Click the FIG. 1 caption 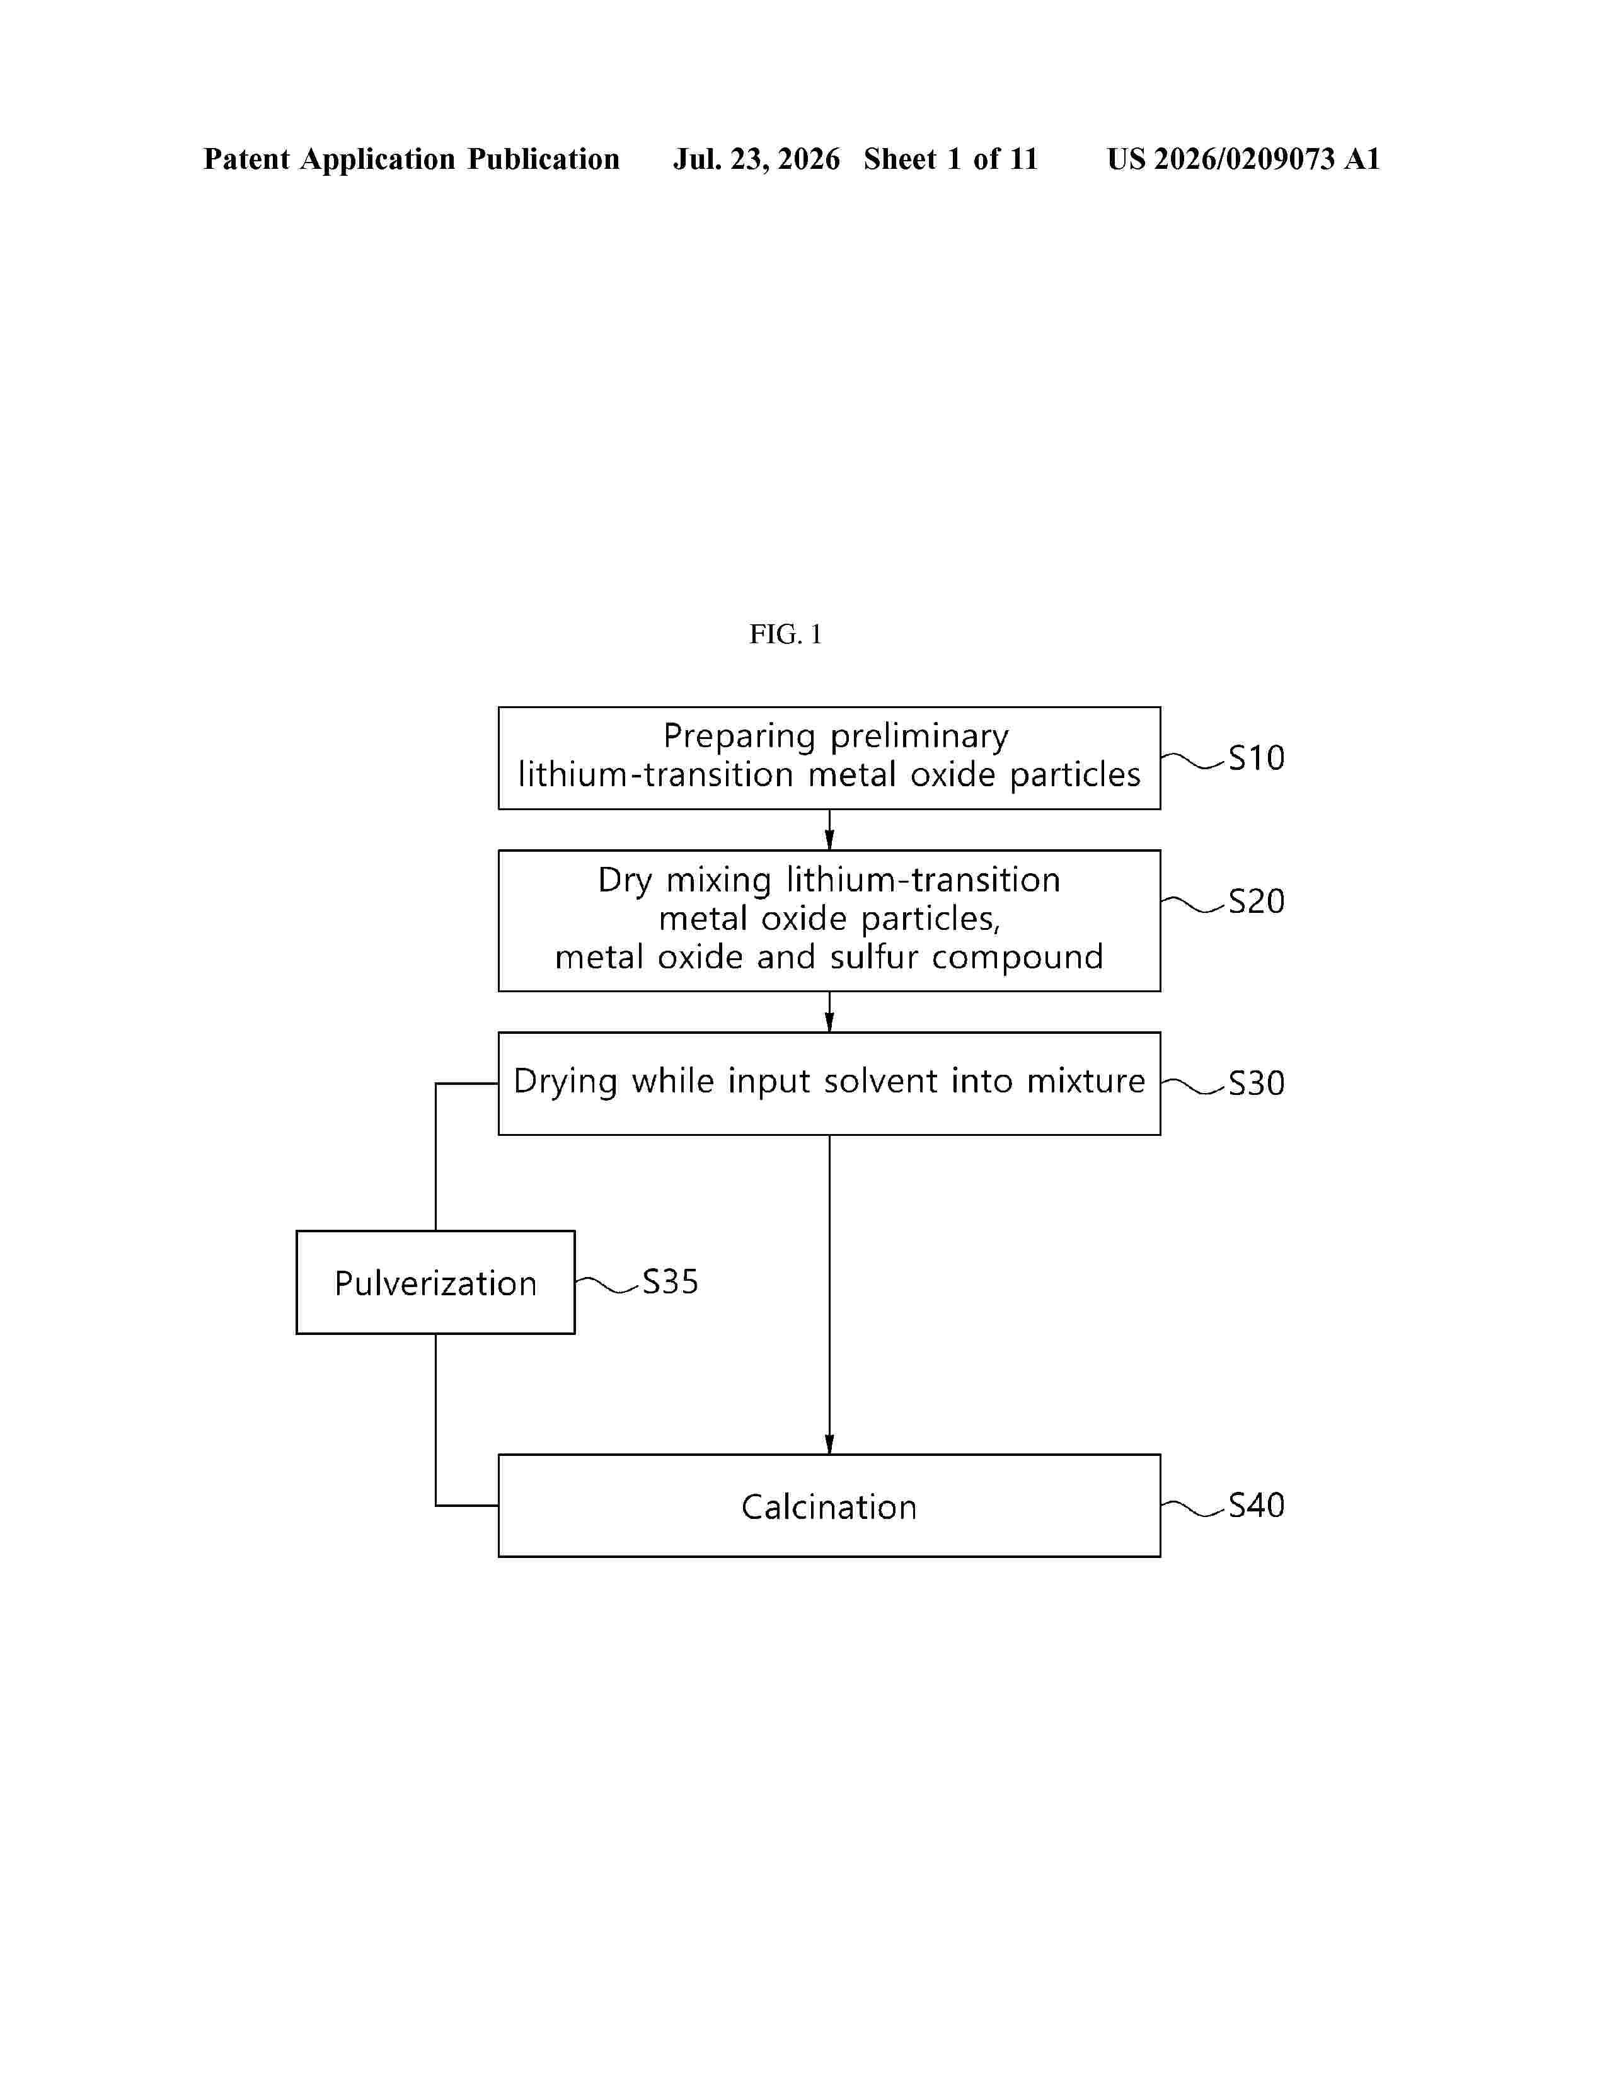(785, 634)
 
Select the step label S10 (1256, 758)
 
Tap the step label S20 (1256, 900)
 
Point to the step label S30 (1256, 1082)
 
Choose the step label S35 (671, 1281)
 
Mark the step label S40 (1256, 1505)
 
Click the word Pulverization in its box (435, 1283)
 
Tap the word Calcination (829, 1507)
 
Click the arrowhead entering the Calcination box (829, 1443)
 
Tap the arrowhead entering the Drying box (829, 1021)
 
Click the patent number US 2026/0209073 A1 (1243, 159)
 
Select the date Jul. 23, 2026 (757, 159)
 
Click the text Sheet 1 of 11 (951, 159)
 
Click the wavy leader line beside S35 (606, 1285)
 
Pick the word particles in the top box (1075, 775)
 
